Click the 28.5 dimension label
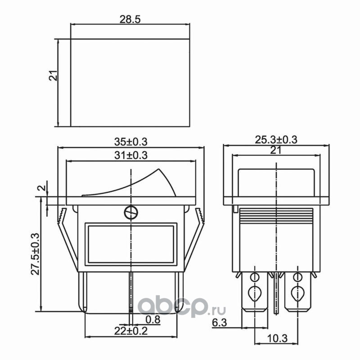[x=130, y=19]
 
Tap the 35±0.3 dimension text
[x=130, y=142]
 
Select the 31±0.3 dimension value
[x=130, y=155]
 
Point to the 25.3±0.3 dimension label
[x=276, y=139]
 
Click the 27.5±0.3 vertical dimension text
[x=36, y=254]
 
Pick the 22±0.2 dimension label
[x=131, y=331]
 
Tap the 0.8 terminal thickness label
[x=153, y=319]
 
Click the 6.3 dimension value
[x=219, y=323]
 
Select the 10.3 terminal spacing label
[x=277, y=338]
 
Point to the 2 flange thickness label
[x=42, y=188]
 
